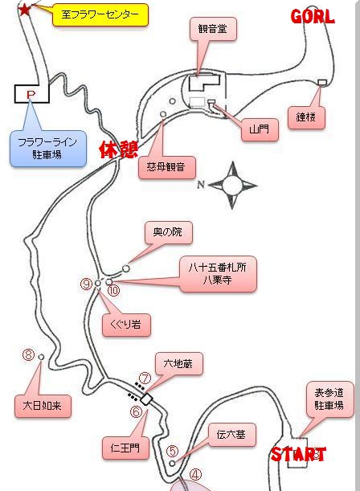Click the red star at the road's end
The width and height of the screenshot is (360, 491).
click(x=24, y=10)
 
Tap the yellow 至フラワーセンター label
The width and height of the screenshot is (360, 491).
click(x=100, y=14)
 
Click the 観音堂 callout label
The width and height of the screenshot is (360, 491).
click(x=213, y=29)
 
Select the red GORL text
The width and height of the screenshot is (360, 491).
click(x=313, y=17)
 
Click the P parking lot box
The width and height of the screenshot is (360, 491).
click(x=31, y=94)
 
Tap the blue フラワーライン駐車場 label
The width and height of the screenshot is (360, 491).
click(x=47, y=149)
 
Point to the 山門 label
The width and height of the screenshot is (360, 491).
click(x=260, y=129)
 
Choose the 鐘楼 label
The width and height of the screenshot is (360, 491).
click(x=306, y=117)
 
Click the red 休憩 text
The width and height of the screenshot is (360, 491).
click(x=119, y=149)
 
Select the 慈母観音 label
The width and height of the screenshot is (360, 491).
click(x=167, y=167)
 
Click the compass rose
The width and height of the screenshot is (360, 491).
click(x=232, y=185)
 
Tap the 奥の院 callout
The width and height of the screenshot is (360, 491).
click(x=169, y=233)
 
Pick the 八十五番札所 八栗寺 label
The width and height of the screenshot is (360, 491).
click(x=219, y=274)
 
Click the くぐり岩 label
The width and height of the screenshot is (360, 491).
click(x=126, y=325)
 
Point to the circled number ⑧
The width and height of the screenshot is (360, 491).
click(x=28, y=354)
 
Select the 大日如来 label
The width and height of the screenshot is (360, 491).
click(x=43, y=406)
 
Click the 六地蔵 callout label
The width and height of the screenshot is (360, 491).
click(x=179, y=363)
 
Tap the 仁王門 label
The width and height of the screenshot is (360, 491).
click(x=125, y=448)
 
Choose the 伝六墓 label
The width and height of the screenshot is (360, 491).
click(x=231, y=435)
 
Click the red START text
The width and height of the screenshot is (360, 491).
click(x=298, y=454)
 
